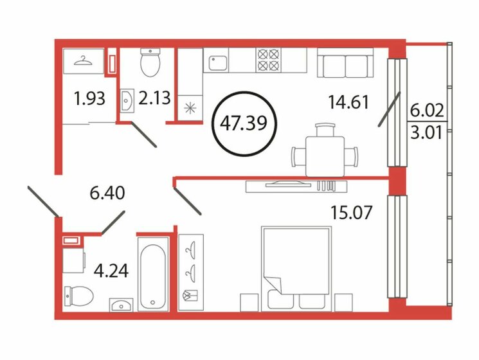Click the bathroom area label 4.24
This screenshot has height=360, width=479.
(111, 269)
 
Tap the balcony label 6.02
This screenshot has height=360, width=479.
(425, 111)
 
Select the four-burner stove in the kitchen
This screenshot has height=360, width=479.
(269, 60)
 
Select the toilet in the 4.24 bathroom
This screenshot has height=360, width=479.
(79, 295)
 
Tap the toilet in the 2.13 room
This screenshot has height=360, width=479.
(150, 62)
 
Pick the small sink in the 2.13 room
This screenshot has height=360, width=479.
(127, 100)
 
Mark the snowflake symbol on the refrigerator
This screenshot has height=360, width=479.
(190, 109)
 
